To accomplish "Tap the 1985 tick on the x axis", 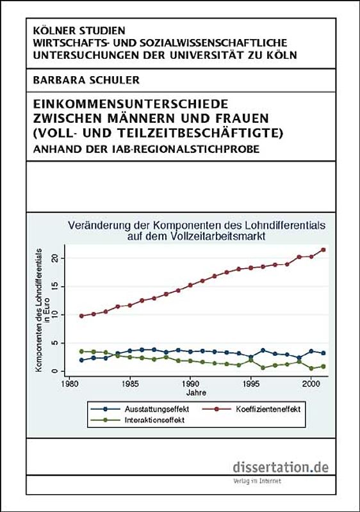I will tap(130, 386).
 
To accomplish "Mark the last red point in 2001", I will tap(323, 250).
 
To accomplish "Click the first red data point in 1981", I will tap(81, 316).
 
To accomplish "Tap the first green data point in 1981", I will tap(81, 351).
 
